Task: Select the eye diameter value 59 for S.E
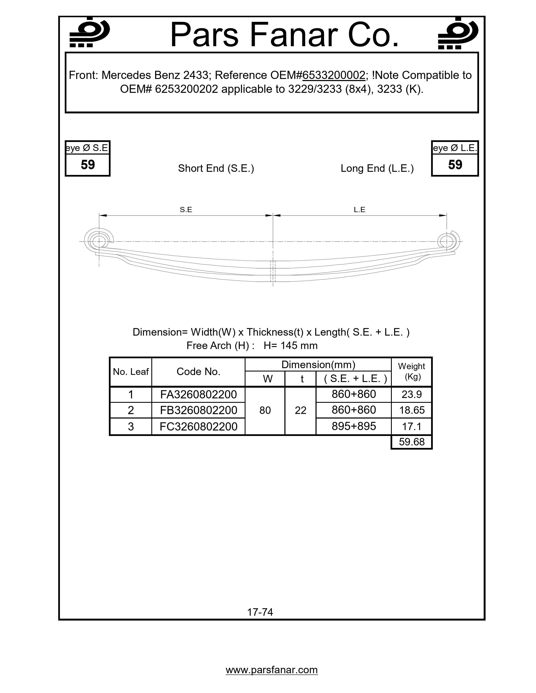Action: click(88, 165)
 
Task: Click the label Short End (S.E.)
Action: click(216, 168)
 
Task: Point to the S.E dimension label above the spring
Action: click(186, 210)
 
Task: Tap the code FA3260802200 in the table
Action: click(198, 394)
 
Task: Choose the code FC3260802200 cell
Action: click(198, 427)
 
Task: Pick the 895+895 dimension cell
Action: click(354, 426)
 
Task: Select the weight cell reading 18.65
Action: click(412, 410)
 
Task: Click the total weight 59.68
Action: click(412, 442)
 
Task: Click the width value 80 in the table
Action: click(265, 411)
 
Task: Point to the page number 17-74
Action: click(260, 612)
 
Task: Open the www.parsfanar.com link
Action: click(272, 670)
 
